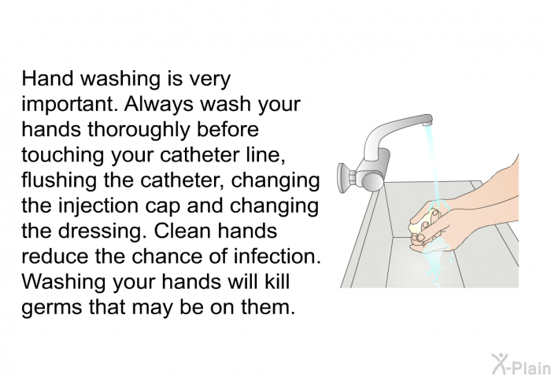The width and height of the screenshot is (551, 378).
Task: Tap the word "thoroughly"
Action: pos(138,129)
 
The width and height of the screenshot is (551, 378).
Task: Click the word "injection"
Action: pos(98,206)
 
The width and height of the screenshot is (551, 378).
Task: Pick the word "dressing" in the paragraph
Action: pos(102,231)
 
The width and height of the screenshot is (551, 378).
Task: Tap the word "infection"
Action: pos(277,256)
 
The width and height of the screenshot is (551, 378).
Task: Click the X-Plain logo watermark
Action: pos(520,364)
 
